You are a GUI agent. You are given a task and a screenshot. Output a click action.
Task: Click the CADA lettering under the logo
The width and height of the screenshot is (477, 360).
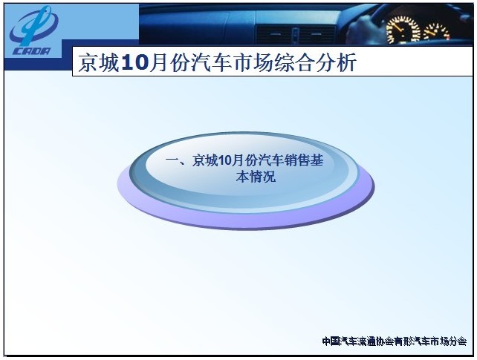(x=32, y=50)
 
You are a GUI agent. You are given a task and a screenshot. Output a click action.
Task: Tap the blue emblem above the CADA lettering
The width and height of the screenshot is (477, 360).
(x=33, y=26)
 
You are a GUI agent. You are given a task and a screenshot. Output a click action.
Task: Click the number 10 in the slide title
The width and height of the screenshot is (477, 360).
(x=134, y=63)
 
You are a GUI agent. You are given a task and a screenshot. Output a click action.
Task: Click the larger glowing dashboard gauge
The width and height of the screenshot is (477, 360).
(x=403, y=29)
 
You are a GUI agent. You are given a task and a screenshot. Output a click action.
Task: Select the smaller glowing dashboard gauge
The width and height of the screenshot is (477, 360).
(x=437, y=32)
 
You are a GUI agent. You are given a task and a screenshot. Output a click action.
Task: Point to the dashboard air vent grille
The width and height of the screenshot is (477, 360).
(x=295, y=34)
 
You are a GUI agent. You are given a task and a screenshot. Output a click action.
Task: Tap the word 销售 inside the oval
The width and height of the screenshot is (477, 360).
(x=297, y=161)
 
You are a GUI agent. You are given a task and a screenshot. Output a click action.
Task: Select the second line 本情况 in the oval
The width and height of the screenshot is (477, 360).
(x=256, y=177)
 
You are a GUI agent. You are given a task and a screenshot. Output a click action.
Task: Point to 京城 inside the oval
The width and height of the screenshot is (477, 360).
(x=205, y=161)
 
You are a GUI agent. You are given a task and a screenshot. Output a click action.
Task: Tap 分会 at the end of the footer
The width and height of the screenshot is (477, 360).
(x=458, y=341)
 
